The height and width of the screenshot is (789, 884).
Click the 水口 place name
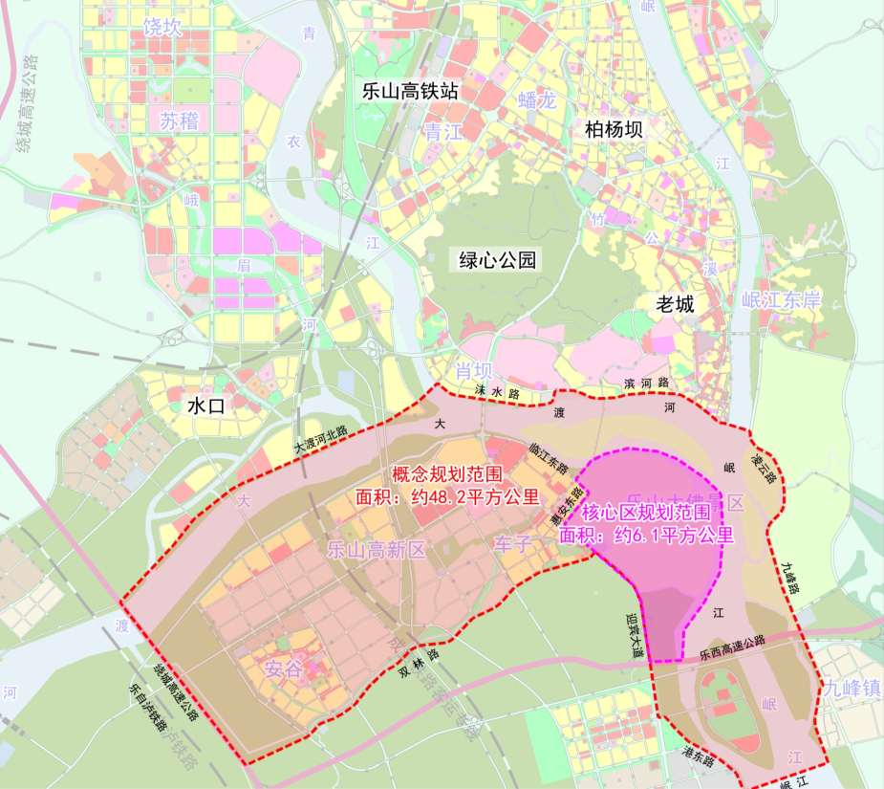pyautogui.click(x=205, y=405)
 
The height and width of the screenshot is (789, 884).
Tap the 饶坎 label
pyautogui.click(x=162, y=28)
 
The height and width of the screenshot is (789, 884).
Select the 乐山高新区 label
pyautogui.click(x=376, y=550)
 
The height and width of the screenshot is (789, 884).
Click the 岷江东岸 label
pyautogui.click(x=782, y=299)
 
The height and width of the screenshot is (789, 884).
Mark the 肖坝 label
pyautogui.click(x=472, y=371)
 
